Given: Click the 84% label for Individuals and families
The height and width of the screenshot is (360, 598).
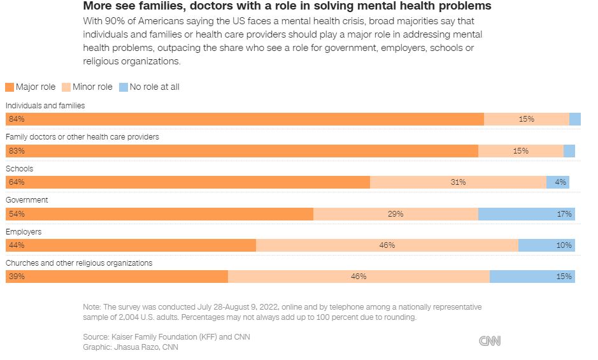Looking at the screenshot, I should (x=13, y=119).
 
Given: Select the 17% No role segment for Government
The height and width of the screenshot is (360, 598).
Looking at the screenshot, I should (x=527, y=214).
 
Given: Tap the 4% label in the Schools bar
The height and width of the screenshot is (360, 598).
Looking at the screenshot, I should (x=560, y=182).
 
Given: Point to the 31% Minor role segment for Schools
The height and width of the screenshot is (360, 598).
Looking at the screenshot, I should (x=458, y=182).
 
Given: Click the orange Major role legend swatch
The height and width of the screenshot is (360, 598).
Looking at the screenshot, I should (x=10, y=87).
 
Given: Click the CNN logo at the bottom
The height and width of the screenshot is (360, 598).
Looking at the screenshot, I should (x=490, y=342).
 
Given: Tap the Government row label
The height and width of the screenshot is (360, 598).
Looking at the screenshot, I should (x=27, y=200).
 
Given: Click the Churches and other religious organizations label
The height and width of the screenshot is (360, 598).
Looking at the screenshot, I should (x=79, y=263).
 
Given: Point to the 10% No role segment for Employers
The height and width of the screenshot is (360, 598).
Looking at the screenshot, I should (x=546, y=245).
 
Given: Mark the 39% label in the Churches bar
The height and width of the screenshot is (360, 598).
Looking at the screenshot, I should (x=13, y=277).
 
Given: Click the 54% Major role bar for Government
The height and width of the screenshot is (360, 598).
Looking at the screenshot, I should (x=159, y=214).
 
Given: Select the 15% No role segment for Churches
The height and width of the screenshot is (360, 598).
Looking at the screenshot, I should (x=532, y=277).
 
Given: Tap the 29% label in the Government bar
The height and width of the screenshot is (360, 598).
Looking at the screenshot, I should (x=395, y=214).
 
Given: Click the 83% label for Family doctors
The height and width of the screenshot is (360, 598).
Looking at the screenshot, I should (x=13, y=151).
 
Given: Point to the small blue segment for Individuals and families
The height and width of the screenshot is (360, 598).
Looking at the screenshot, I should (x=575, y=119).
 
